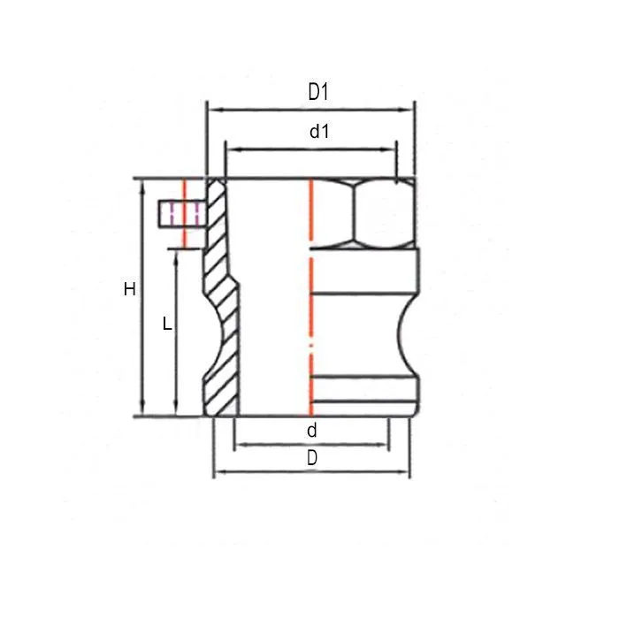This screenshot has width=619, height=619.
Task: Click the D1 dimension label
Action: point(318,91)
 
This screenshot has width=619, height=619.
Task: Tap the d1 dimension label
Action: point(319,132)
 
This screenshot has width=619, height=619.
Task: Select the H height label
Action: point(130,289)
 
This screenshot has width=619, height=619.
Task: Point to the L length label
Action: point(167,324)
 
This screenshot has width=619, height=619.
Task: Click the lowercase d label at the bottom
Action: point(311,431)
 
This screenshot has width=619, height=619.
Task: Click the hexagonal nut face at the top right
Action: point(381,214)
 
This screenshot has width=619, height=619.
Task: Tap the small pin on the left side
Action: point(180,214)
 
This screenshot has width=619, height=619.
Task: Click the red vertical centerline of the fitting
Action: point(310,301)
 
